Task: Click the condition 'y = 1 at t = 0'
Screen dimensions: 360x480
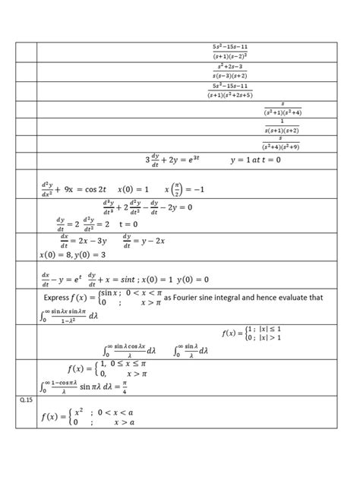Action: pyautogui.click(x=255, y=160)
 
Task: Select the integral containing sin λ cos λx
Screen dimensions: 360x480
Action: pyautogui.click(x=129, y=352)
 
